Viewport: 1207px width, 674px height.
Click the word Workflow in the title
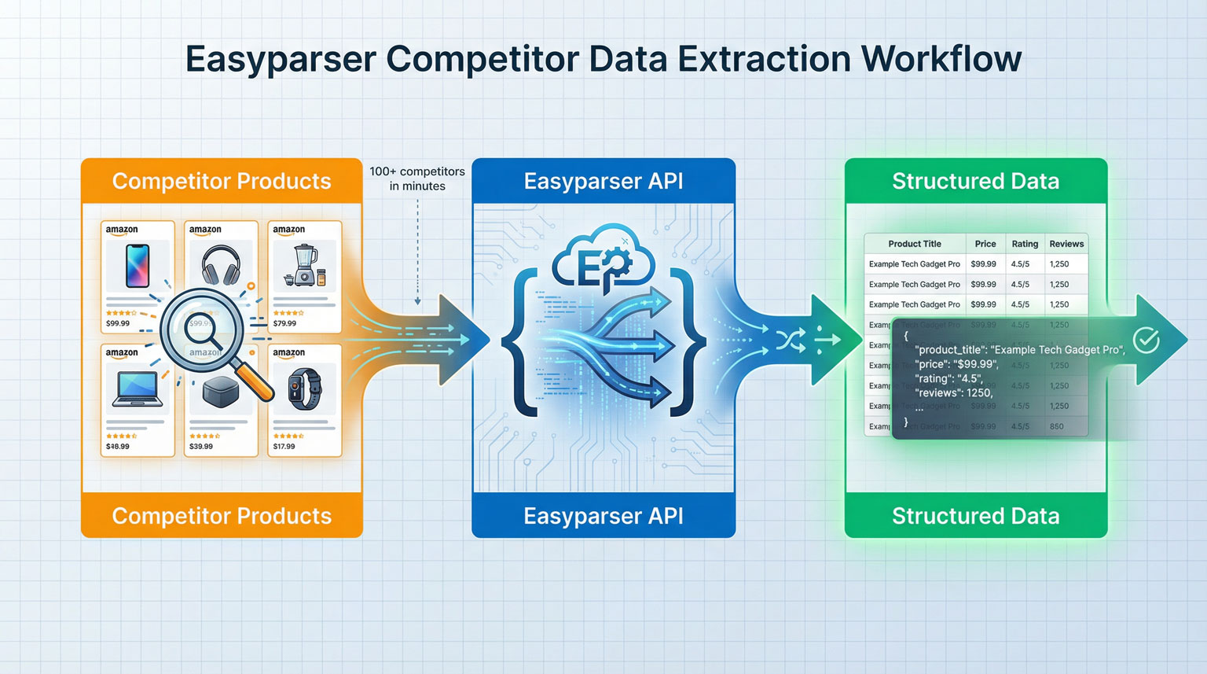941,59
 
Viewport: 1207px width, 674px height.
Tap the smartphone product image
138,266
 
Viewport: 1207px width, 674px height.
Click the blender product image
304,265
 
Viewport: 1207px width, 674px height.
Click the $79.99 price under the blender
284,323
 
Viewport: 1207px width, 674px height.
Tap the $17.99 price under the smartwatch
284,446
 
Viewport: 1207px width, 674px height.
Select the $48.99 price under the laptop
118,446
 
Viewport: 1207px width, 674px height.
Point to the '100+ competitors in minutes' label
417,179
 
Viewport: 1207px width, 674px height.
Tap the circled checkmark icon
1146,340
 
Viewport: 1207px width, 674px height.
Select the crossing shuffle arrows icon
790,340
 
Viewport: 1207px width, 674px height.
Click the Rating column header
1025,244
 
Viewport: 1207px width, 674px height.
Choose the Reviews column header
1066,244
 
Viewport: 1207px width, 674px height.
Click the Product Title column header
915,244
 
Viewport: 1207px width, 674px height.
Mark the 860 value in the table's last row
1057,426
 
